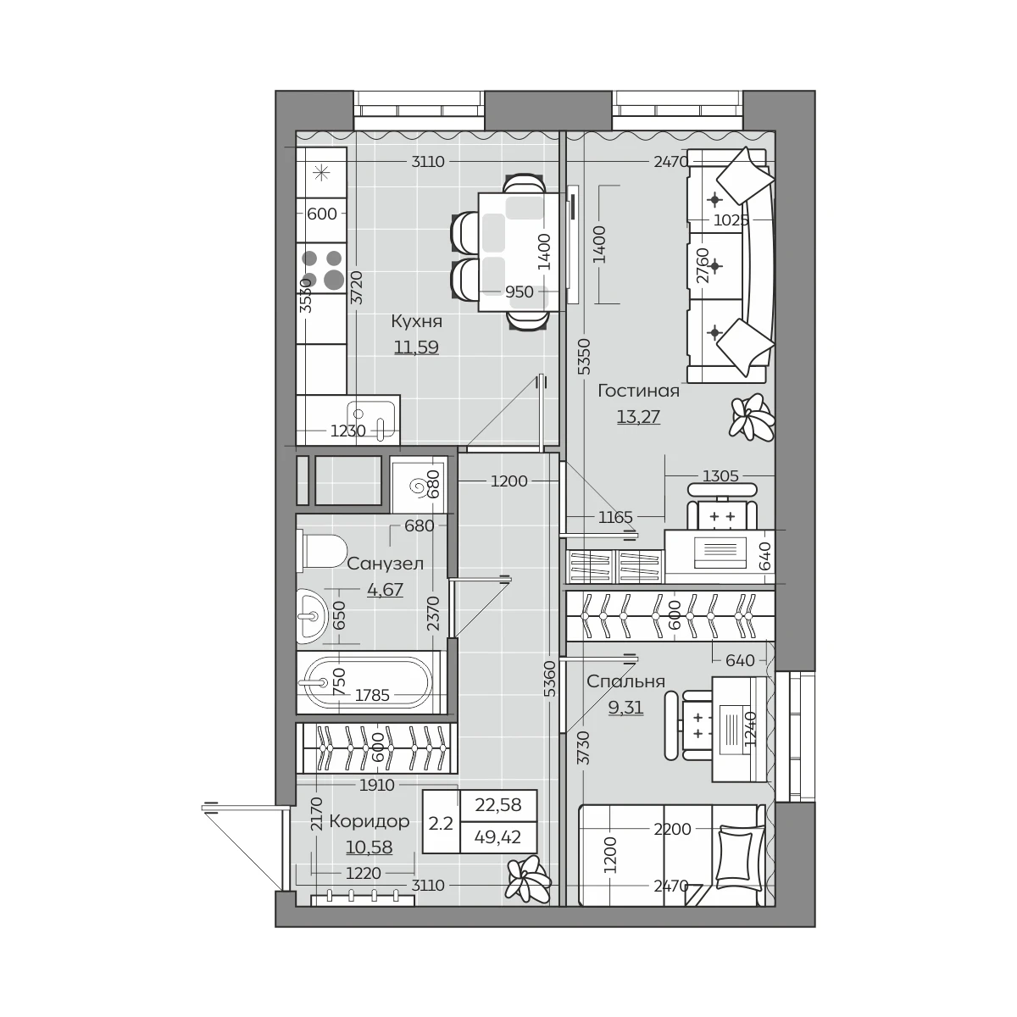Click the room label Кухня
(416, 321)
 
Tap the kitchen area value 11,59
(416, 347)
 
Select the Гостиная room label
(639, 391)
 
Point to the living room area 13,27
(639, 417)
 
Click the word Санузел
(386, 564)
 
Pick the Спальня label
(625, 681)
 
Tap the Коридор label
(369, 821)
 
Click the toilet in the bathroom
(321, 551)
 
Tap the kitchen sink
(370, 420)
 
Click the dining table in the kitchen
(519, 253)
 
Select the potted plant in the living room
(752, 418)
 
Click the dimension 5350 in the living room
(584, 358)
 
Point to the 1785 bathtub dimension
(372, 696)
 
